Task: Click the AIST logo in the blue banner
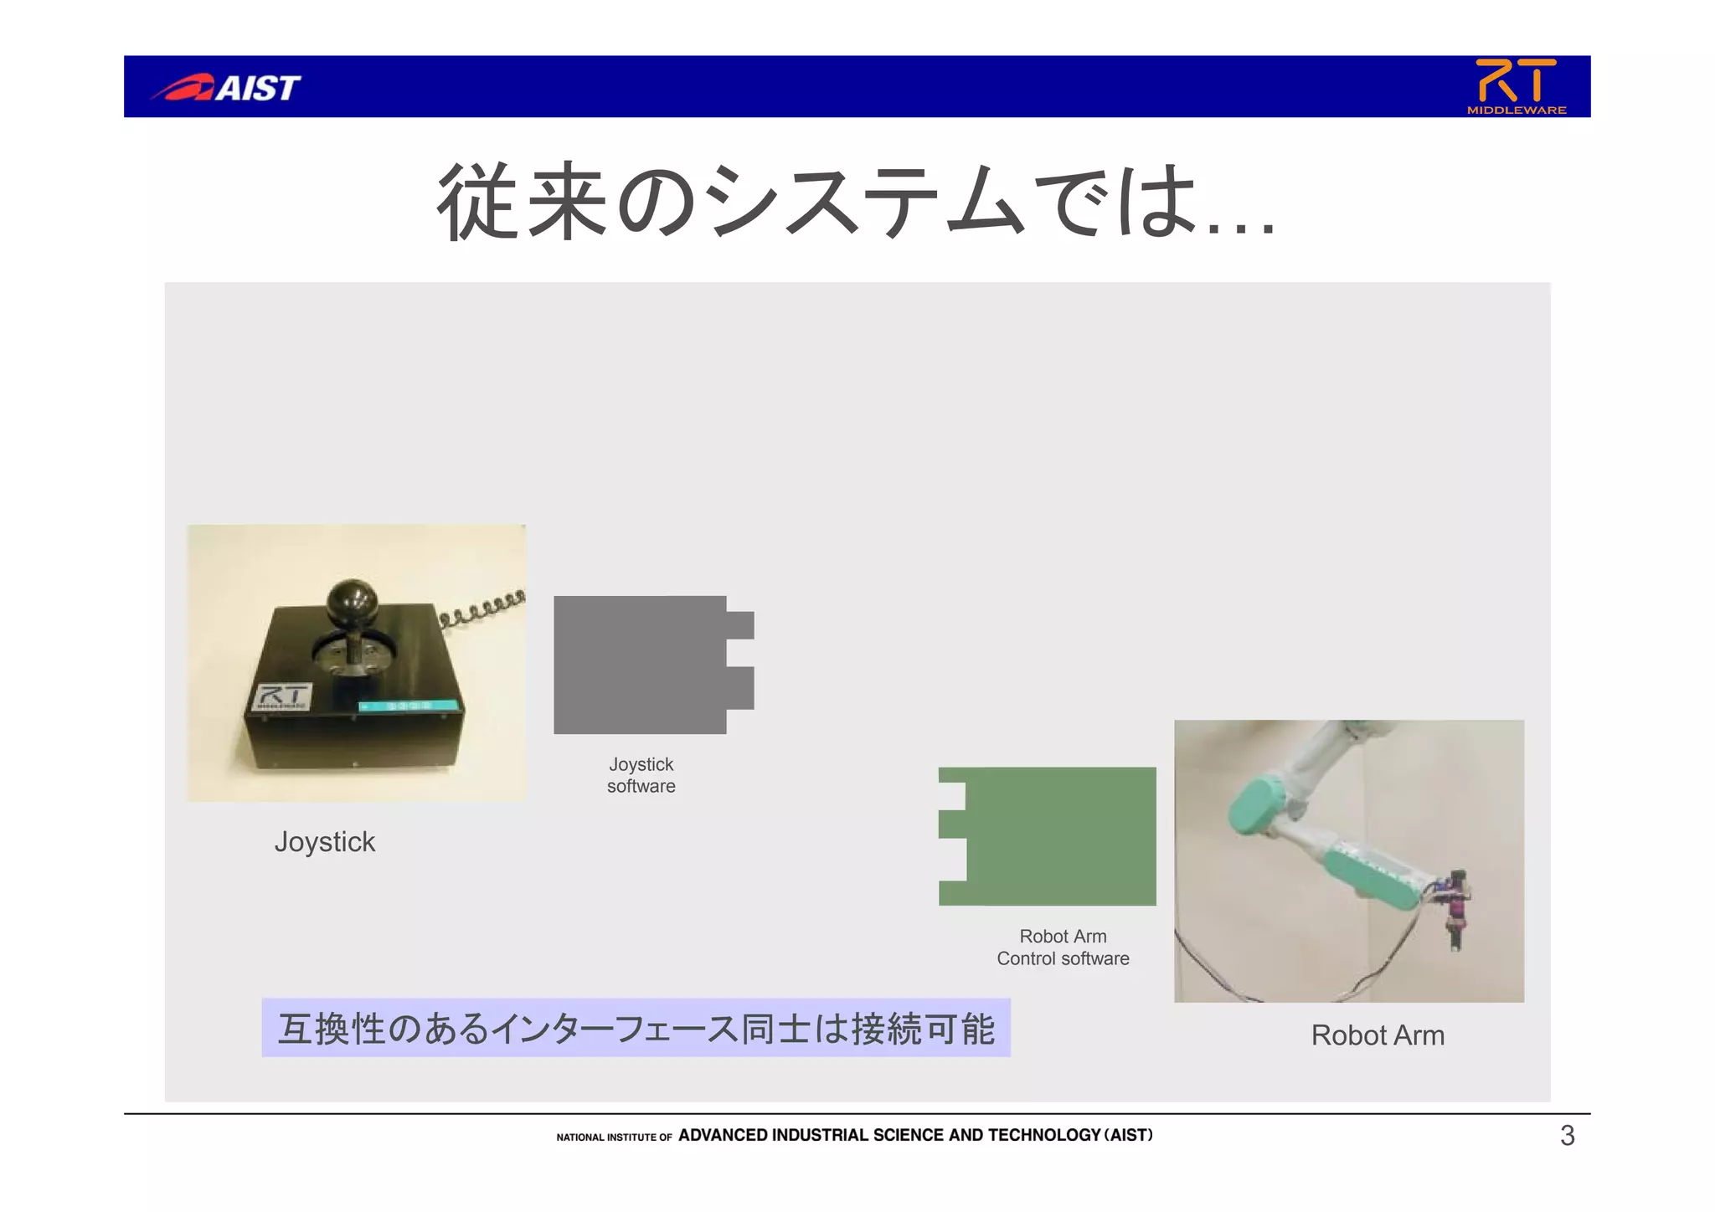(x=226, y=87)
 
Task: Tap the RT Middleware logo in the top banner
(x=1516, y=85)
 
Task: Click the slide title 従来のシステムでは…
(x=856, y=202)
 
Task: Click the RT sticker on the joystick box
(x=282, y=696)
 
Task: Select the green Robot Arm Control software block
(x=1059, y=835)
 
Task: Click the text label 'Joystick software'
(x=641, y=775)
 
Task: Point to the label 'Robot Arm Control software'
(x=1063, y=948)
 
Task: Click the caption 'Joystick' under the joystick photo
(x=325, y=842)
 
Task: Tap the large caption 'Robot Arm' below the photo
(x=1378, y=1035)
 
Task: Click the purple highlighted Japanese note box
(x=636, y=1028)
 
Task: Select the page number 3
(x=1567, y=1136)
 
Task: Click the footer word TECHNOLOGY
(x=1043, y=1135)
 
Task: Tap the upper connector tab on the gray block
(x=739, y=625)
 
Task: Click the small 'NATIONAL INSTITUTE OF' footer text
(x=614, y=1138)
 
